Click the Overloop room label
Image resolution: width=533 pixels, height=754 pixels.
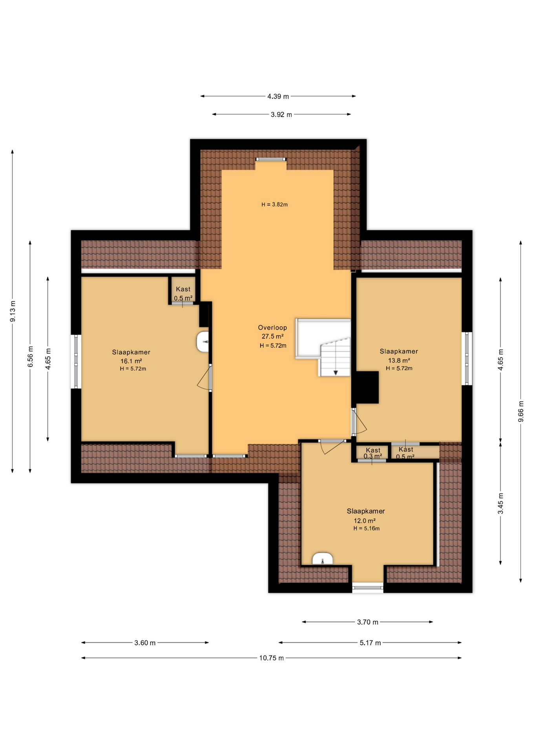pyautogui.click(x=272, y=328)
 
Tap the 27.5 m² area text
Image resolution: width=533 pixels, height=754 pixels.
pyautogui.click(x=272, y=337)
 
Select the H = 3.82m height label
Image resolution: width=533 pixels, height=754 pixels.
pyautogui.click(x=274, y=205)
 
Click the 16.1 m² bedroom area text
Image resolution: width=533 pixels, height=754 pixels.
pyautogui.click(x=131, y=361)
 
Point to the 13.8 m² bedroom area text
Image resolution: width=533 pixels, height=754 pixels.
pyautogui.click(x=399, y=360)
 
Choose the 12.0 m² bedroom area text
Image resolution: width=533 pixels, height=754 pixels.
pyautogui.click(x=365, y=521)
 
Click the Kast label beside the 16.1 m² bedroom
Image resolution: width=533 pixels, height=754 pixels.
pyautogui.click(x=183, y=289)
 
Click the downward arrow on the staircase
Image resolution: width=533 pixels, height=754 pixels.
pyautogui.click(x=336, y=372)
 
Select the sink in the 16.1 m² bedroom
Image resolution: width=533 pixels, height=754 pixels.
pyautogui.click(x=203, y=342)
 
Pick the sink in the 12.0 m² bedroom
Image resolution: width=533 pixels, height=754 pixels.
pyautogui.click(x=323, y=559)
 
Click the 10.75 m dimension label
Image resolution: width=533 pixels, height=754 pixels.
pyautogui.click(x=271, y=658)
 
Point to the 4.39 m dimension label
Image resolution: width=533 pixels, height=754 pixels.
pyautogui.click(x=278, y=96)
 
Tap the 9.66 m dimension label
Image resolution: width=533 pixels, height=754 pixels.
pyautogui.click(x=521, y=412)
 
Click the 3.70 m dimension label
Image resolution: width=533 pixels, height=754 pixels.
pyautogui.click(x=367, y=622)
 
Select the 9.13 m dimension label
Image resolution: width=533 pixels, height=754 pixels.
pyautogui.click(x=13, y=311)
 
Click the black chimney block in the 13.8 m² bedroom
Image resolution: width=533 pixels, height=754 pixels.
pyautogui.click(x=367, y=388)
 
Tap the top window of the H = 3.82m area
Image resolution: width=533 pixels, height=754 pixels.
pyautogui.click(x=271, y=159)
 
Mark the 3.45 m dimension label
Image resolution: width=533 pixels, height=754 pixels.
pyautogui.click(x=500, y=503)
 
